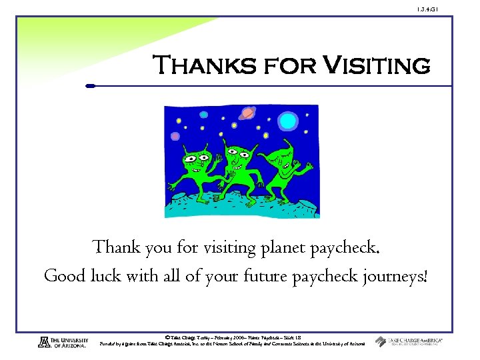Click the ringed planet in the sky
tap(246, 113)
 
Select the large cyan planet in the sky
tap(288, 121)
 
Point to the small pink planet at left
tap(175, 136)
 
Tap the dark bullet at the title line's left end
tap(91, 85)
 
